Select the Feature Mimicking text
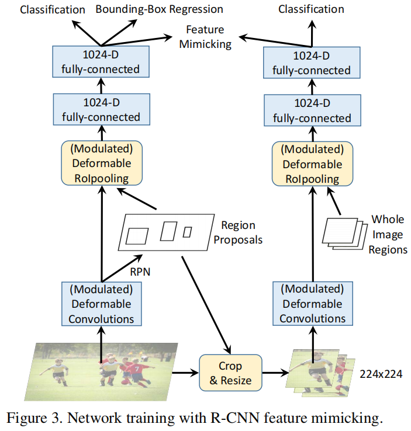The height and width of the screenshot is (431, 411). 208,36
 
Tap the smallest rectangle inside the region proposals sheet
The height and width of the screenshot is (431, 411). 187,232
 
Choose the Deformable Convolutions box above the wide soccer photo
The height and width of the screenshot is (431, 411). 101,304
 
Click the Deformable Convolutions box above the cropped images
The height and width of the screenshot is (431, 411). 312,304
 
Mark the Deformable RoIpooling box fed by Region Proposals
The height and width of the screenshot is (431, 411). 101,163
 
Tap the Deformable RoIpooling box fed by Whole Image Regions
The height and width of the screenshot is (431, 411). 312,163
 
